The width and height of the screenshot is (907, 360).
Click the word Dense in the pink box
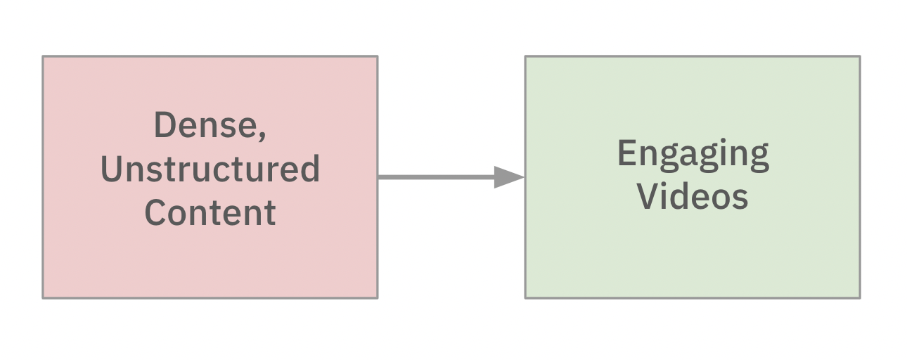pos(205,125)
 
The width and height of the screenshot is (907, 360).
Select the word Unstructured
pos(210,169)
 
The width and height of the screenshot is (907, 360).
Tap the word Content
pos(210,212)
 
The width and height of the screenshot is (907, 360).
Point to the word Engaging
pos(693,156)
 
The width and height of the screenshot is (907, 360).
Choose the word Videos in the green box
pos(693,196)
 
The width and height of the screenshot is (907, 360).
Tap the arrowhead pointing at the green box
pos(509,177)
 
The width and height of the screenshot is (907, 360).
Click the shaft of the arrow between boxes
pos(436,177)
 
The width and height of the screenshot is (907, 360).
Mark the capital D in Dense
pos(165,125)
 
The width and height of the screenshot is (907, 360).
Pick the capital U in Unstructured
pos(111,169)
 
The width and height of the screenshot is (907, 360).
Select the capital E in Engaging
pos(626,153)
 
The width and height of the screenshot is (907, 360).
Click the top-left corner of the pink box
pos(43,56)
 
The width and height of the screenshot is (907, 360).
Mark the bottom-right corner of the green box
pos(860,298)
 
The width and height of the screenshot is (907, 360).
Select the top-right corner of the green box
pos(860,56)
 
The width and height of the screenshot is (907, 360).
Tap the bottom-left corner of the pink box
pos(43,298)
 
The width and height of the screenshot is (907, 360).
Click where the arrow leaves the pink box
pos(378,177)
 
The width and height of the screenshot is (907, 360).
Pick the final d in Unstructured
pos(310,169)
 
